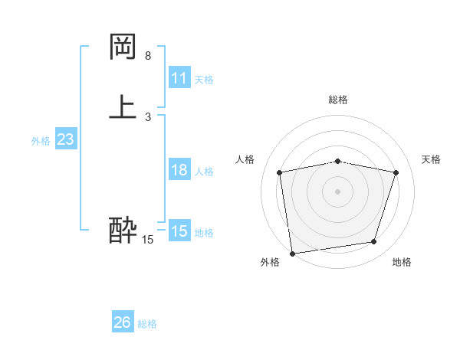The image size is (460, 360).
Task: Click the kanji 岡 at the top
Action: point(123,48)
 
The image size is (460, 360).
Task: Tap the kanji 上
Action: point(123,107)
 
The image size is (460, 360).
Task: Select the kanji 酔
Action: point(123,230)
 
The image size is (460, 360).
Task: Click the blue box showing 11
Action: point(179,78)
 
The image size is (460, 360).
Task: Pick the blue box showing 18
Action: point(179,170)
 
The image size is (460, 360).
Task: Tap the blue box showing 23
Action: point(65,139)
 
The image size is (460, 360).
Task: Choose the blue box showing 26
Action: point(123,322)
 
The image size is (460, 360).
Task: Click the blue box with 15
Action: point(179,231)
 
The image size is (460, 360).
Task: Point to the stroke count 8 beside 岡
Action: point(148,56)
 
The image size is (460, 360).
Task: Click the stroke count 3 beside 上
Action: point(148,117)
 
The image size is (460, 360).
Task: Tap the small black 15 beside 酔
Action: point(148,240)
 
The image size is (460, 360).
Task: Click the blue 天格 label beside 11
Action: point(204,80)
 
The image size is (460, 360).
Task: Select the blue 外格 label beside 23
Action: point(41,141)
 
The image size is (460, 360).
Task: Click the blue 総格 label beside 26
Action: point(147,324)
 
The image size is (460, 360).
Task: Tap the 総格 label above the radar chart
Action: point(338,100)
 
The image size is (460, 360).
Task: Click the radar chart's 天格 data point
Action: point(396,172)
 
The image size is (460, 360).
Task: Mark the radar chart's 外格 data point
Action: point(292,253)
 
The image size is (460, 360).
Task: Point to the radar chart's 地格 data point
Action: point(374,242)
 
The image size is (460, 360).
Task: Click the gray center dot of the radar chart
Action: point(338,191)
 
